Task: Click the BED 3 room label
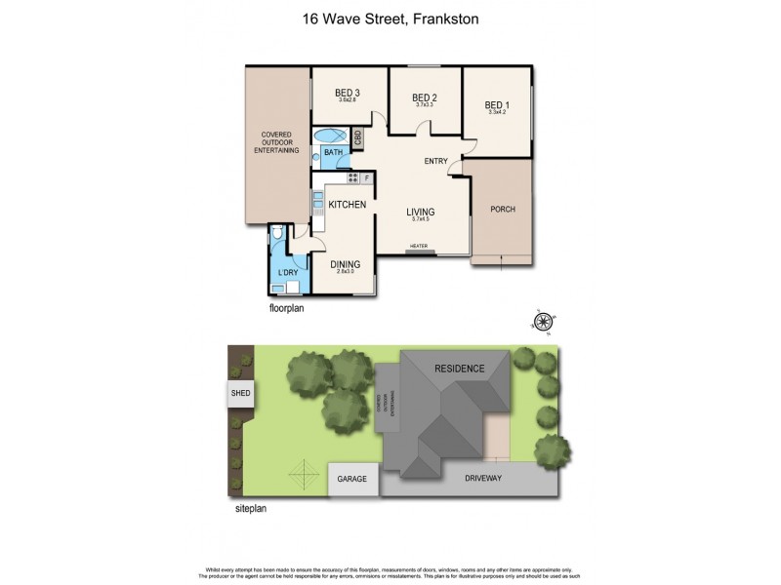pyautogui.click(x=349, y=93)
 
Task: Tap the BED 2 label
pyautogui.click(x=423, y=97)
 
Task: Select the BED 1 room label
pyautogui.click(x=498, y=105)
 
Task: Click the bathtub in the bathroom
pyautogui.click(x=329, y=136)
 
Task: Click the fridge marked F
pyautogui.click(x=367, y=178)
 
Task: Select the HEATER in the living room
pyautogui.click(x=420, y=247)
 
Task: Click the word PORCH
pyautogui.click(x=502, y=210)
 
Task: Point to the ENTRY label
pyautogui.click(x=435, y=161)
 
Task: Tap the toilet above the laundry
pyautogui.click(x=279, y=232)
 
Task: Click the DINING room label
pyautogui.click(x=345, y=264)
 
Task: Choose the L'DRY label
pyautogui.click(x=287, y=272)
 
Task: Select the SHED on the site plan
pyautogui.click(x=239, y=394)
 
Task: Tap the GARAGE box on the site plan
pyautogui.click(x=352, y=479)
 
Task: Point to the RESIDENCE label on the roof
pyautogui.click(x=459, y=369)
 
